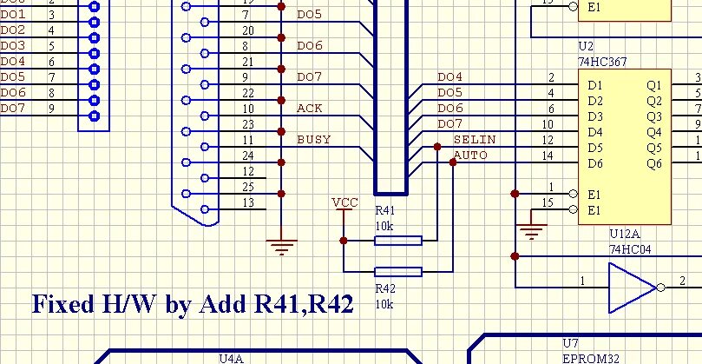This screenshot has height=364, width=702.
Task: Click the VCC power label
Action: [x=344, y=202]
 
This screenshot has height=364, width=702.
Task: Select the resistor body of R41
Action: [x=398, y=241]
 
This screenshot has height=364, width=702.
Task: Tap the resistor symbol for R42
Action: [x=398, y=272]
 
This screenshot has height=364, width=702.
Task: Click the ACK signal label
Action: [x=309, y=108]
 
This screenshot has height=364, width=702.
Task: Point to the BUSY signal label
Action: [x=313, y=139]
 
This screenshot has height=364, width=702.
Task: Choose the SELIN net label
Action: [x=475, y=139]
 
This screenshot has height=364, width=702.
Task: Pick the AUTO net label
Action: [x=470, y=156]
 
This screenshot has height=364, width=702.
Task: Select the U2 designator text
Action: [x=586, y=46]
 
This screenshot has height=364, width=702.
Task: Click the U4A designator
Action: [x=232, y=357]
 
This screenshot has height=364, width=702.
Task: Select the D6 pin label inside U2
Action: [x=594, y=163]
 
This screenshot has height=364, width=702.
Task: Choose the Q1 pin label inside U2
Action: [x=653, y=85]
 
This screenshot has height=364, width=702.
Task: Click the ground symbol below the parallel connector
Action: [x=280, y=246]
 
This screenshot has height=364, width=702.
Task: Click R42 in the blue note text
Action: [x=329, y=304]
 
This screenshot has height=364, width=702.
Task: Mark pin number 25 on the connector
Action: [x=248, y=187]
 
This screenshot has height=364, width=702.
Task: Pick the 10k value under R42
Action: [x=384, y=304]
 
